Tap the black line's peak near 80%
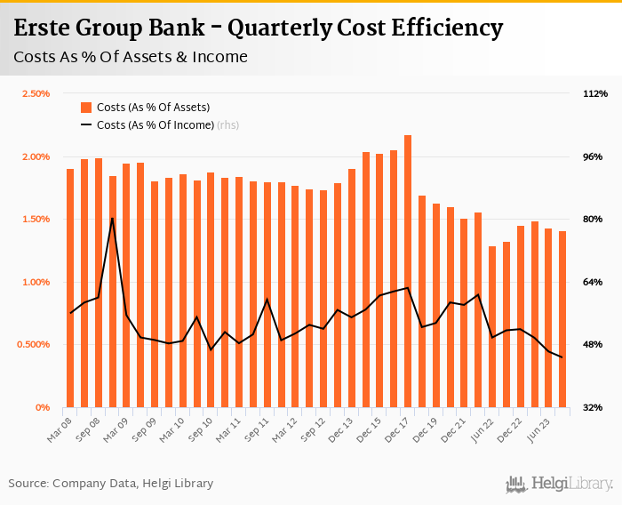[x=113, y=218]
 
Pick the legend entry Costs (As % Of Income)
[x=155, y=125]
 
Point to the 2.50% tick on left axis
[x=36, y=93]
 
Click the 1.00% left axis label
[x=36, y=282]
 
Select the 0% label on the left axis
[x=44, y=407]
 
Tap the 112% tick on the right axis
[x=594, y=93]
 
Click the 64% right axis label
[x=593, y=282]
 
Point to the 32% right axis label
[x=593, y=407]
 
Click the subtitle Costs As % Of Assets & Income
[x=131, y=58]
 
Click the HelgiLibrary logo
[x=560, y=484]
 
